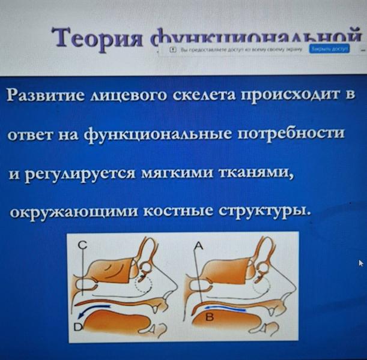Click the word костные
pos(181,212)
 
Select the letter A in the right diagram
pos(199,245)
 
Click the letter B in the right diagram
pos(210,317)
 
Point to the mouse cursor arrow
pos(361,263)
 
